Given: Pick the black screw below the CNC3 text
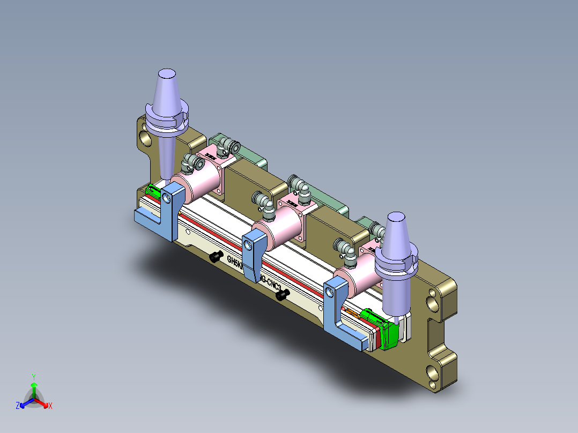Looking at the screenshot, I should coord(282,294).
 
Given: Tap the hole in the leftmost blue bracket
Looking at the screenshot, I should coord(169,198).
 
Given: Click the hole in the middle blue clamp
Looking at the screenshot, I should coord(248,244).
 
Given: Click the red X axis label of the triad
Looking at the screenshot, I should coord(50,406).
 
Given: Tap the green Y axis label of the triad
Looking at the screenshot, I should coord(33,377).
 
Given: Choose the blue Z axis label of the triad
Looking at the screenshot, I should coord(18,406).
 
